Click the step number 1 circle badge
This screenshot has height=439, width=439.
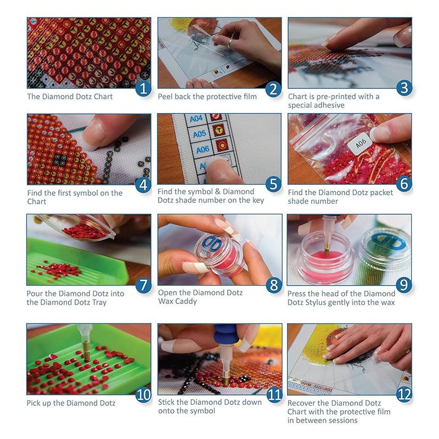[143, 88]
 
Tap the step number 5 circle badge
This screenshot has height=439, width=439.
[273, 184]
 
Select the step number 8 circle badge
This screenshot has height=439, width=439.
[273, 285]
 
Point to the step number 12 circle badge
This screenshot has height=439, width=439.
[404, 394]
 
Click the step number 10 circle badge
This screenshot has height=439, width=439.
[143, 395]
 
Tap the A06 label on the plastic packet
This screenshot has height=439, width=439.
[361, 144]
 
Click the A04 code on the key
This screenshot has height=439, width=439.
[196, 119]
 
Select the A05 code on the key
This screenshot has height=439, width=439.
[199, 134]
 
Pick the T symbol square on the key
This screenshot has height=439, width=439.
[218, 130]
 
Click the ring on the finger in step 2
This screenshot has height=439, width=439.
[230, 43]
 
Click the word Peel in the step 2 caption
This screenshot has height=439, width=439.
[165, 97]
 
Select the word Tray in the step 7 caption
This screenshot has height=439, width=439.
[99, 303]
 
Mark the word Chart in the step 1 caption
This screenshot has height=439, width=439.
[103, 97]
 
